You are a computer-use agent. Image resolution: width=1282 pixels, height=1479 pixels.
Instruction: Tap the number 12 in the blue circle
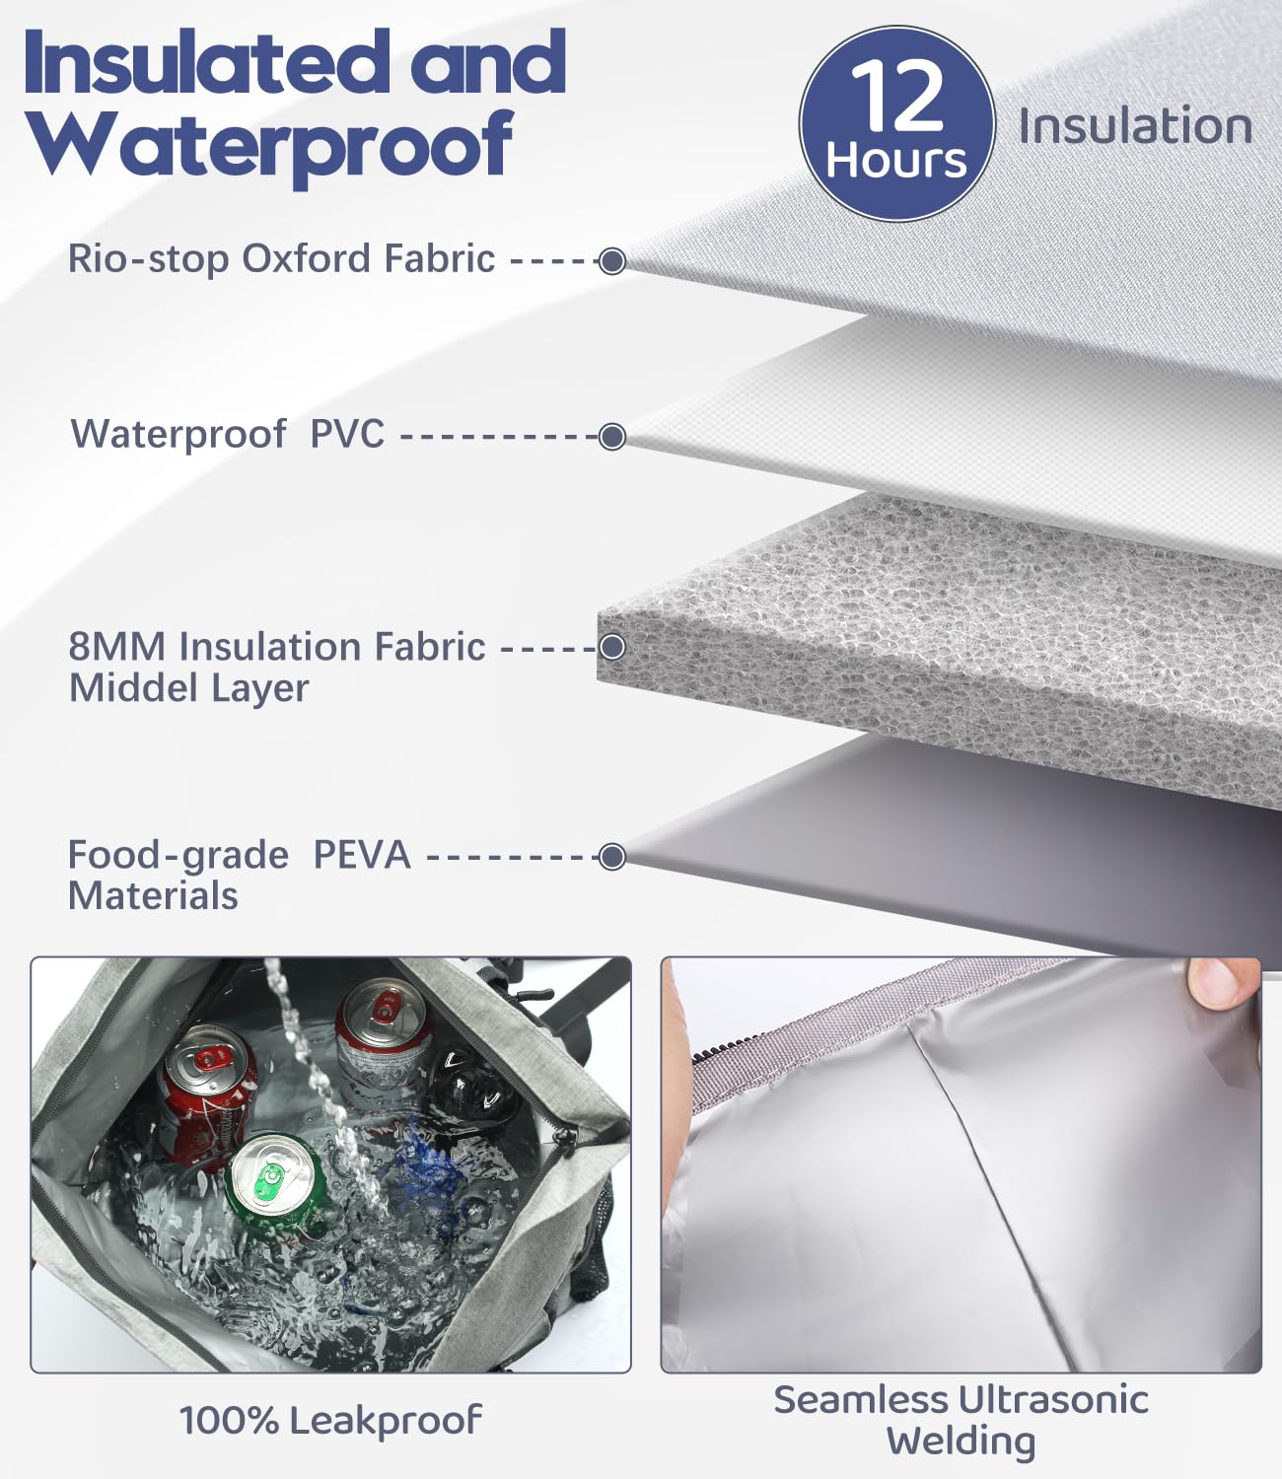896,96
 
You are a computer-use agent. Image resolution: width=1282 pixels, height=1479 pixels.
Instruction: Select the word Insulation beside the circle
1134,126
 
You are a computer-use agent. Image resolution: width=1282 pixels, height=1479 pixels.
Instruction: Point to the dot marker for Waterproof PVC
612,437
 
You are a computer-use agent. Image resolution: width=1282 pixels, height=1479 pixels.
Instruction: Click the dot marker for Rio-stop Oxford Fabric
612,261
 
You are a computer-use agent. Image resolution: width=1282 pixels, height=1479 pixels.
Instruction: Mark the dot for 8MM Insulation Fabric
612,648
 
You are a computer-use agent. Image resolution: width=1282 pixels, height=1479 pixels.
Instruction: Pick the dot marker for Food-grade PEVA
612,857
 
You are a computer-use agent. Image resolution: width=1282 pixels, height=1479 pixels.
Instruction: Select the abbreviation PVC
347,434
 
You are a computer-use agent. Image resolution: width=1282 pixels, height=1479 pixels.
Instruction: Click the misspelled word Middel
133,688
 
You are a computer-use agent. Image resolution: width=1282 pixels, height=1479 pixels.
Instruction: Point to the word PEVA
362,854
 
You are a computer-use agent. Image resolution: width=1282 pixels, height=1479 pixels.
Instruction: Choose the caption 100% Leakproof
330,1420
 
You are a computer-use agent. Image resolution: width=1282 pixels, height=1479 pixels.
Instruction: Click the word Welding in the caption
961,1442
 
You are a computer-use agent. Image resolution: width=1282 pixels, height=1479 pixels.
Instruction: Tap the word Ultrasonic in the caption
1053,1399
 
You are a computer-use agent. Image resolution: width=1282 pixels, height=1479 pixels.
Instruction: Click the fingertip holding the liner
1223,984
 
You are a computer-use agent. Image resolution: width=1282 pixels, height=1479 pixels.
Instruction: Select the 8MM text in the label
117,647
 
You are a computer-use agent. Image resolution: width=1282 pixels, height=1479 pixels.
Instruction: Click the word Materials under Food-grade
153,896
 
